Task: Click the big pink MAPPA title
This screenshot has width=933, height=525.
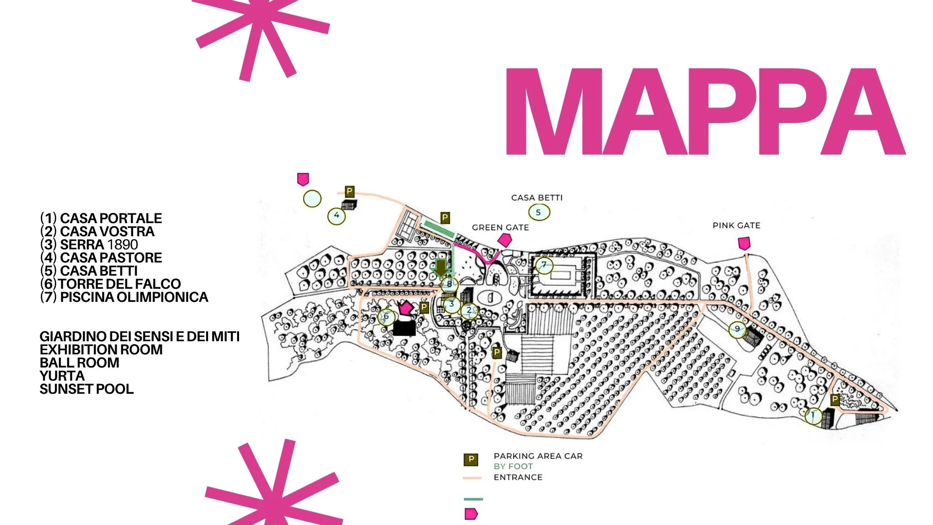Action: coord(705,112)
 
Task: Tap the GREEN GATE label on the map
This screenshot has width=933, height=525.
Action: coord(500,227)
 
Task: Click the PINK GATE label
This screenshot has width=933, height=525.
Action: coord(736,226)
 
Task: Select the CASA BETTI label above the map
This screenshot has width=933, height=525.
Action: coord(536,198)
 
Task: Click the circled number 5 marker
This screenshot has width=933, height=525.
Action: coord(538,212)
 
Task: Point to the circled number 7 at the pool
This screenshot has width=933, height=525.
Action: coord(544,265)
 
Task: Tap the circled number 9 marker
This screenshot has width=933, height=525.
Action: coord(737,329)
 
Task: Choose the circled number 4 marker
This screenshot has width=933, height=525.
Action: coord(336,215)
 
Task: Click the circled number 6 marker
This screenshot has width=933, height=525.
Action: coord(386,317)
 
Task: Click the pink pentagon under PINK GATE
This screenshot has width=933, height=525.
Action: coord(743,243)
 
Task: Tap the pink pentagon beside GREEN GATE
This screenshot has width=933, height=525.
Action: coord(505,240)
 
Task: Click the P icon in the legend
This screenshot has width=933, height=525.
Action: coord(470,459)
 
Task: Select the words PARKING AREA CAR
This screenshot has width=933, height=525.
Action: coord(538,456)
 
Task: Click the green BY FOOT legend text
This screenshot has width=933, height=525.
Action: coord(513,467)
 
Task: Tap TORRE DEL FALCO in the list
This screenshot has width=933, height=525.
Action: coord(119,284)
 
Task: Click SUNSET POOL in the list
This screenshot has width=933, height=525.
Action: coord(86,389)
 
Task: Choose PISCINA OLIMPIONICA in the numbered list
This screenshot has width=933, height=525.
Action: coord(134,297)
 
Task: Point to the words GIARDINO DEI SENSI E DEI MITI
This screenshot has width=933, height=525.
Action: coord(139,336)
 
